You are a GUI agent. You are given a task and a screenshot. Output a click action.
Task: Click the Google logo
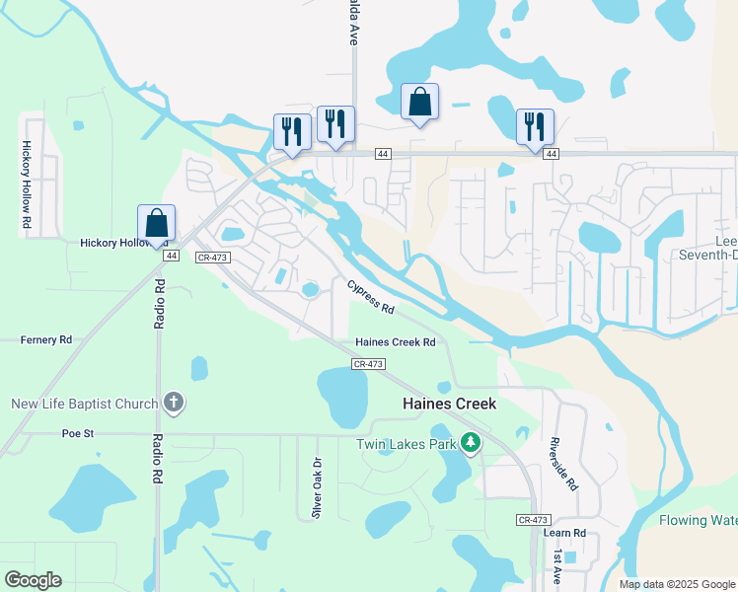point(33,580)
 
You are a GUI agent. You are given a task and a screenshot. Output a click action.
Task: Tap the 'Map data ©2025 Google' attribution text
point(677,584)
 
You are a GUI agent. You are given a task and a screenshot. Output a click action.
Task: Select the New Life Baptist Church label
point(84,404)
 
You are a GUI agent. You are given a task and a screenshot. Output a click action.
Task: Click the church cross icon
point(174,403)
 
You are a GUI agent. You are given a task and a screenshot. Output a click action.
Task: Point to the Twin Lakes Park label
point(406,444)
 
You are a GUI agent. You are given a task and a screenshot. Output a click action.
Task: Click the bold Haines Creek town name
point(449,404)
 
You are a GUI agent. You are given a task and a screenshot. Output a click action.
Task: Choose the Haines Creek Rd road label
point(396,342)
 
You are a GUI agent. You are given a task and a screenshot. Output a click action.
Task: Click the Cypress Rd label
point(371,296)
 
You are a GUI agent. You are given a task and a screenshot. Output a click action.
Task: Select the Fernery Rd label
point(46,339)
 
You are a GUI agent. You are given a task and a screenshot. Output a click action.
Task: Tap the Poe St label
point(76,432)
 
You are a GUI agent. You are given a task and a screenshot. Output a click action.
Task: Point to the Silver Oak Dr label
point(317,487)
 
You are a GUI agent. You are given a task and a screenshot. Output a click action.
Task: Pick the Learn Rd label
point(564,533)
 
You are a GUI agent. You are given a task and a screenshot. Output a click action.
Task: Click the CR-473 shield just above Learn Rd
point(532,519)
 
